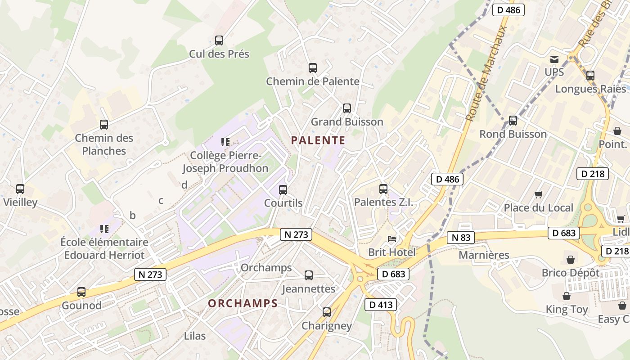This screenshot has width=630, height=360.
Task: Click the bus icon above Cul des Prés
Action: (x=219, y=40)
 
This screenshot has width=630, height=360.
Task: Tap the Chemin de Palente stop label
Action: (x=312, y=81)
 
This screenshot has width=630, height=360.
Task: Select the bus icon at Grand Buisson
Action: (x=346, y=108)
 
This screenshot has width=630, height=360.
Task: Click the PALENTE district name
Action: (x=318, y=140)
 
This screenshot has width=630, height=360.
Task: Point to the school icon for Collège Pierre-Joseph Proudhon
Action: (x=225, y=142)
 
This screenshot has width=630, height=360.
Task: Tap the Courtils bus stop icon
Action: (x=283, y=190)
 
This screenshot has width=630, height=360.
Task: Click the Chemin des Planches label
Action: (x=104, y=144)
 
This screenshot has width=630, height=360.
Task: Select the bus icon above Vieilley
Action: (x=20, y=189)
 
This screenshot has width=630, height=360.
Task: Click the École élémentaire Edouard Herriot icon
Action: (x=104, y=229)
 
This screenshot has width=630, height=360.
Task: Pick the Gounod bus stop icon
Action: (x=81, y=292)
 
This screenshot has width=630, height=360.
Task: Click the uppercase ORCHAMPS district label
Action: (x=243, y=304)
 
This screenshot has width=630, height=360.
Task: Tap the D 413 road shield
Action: (x=381, y=305)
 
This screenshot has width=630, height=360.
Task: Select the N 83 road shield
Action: (x=461, y=238)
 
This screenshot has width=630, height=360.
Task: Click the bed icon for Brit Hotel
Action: (x=392, y=238)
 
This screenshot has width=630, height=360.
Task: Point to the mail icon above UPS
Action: (x=554, y=59)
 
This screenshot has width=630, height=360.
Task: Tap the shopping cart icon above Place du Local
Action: (x=538, y=194)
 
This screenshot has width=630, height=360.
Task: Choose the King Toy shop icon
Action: (x=567, y=296)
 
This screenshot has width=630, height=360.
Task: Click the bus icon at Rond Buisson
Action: (x=513, y=121)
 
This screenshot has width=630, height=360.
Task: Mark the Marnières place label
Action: (x=484, y=255)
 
